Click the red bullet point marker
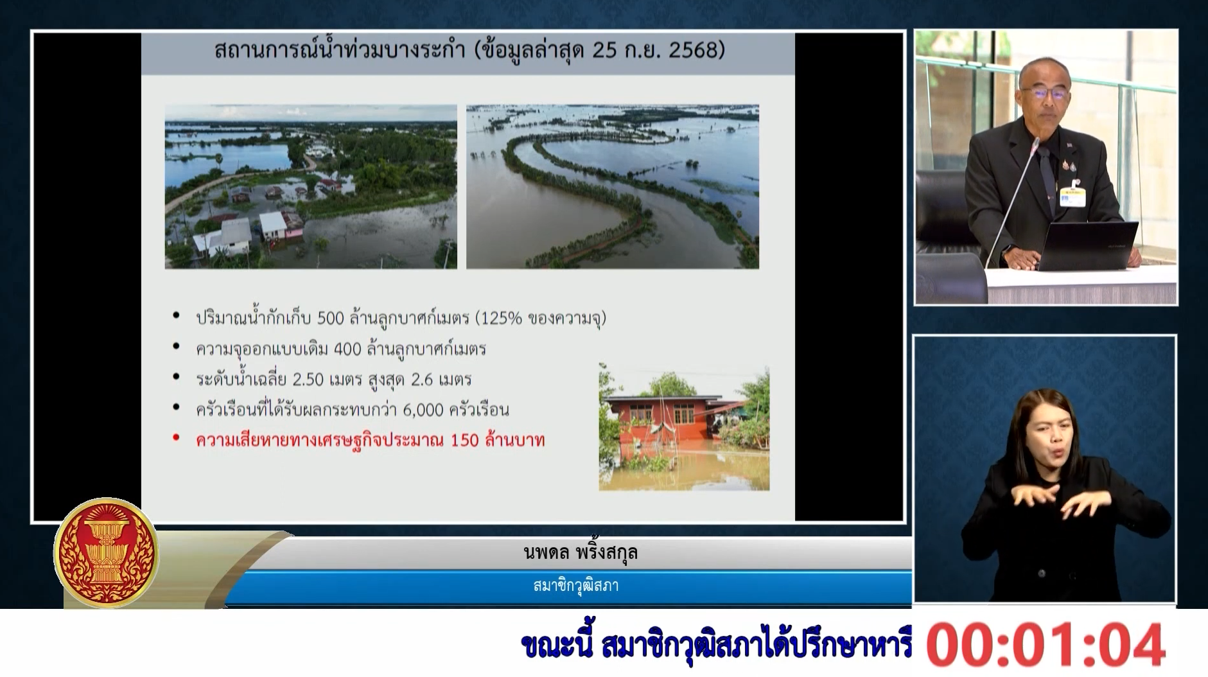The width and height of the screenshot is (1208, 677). pyautogui.click(x=176, y=439)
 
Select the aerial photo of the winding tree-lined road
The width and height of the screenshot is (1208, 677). pyautogui.click(x=613, y=186)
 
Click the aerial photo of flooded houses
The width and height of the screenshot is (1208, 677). pyautogui.click(x=311, y=186)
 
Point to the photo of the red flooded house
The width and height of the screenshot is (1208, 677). pyautogui.click(x=684, y=427)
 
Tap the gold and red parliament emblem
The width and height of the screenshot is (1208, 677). pyautogui.click(x=106, y=553)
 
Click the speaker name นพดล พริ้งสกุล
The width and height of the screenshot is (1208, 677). pyautogui.click(x=581, y=553)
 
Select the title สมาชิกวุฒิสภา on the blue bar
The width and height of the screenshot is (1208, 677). pyautogui.click(x=576, y=586)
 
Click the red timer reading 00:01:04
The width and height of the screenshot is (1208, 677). pyautogui.click(x=1046, y=644)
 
